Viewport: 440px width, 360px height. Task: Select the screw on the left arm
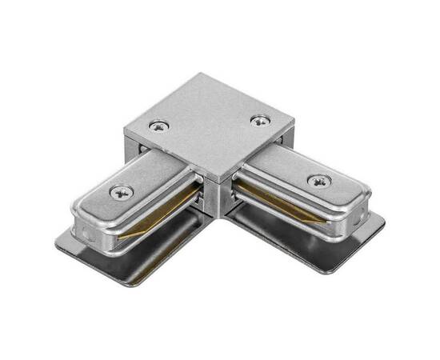tap(122, 191)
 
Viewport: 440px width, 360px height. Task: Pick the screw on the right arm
tap(318, 181)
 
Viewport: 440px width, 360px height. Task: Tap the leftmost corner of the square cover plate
tap(125, 128)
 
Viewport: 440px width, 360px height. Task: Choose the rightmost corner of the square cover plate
tap(294, 119)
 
